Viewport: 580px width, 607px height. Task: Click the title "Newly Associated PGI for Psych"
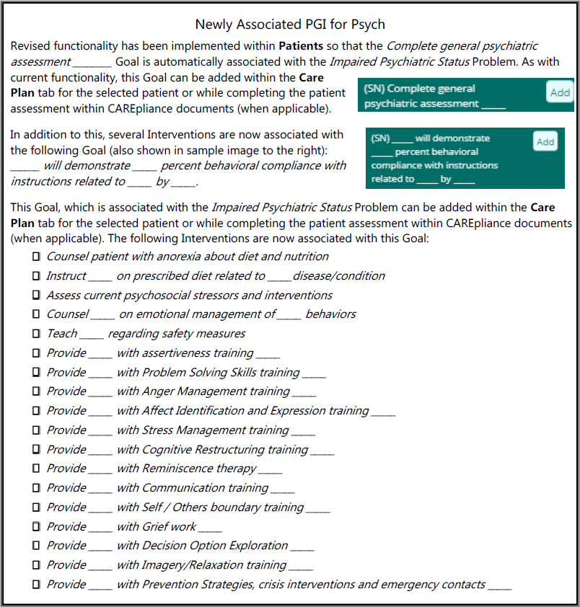290,24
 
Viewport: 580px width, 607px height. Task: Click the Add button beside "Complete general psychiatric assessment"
560,92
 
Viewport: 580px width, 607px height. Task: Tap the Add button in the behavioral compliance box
546,141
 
